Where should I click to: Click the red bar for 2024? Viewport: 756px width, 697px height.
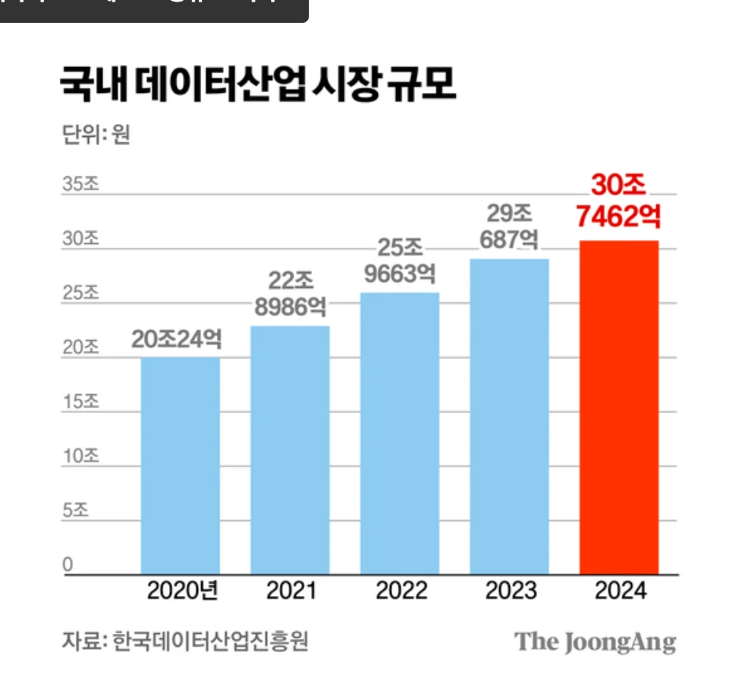(618, 408)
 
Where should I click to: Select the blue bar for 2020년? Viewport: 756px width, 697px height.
(180, 466)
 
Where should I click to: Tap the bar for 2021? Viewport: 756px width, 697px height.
(290, 450)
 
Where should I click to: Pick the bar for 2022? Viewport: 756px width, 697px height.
(399, 433)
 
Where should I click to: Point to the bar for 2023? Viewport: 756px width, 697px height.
(509, 416)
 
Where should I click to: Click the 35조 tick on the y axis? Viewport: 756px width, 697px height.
(80, 185)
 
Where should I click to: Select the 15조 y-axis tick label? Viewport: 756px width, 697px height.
(80, 401)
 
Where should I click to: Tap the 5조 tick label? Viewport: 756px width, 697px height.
(75, 510)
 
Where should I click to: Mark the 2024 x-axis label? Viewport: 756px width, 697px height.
(620, 591)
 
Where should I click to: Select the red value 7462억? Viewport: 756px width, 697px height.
(618, 215)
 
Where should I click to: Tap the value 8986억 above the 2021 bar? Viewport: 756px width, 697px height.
(290, 307)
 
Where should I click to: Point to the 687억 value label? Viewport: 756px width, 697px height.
(509, 240)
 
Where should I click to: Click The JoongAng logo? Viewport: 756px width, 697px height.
(595, 642)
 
